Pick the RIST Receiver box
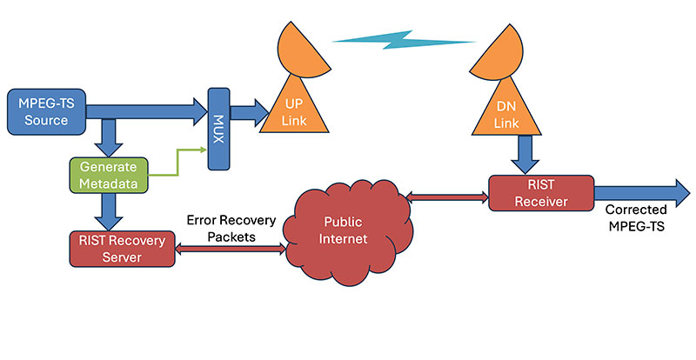pyautogui.click(x=541, y=192)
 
